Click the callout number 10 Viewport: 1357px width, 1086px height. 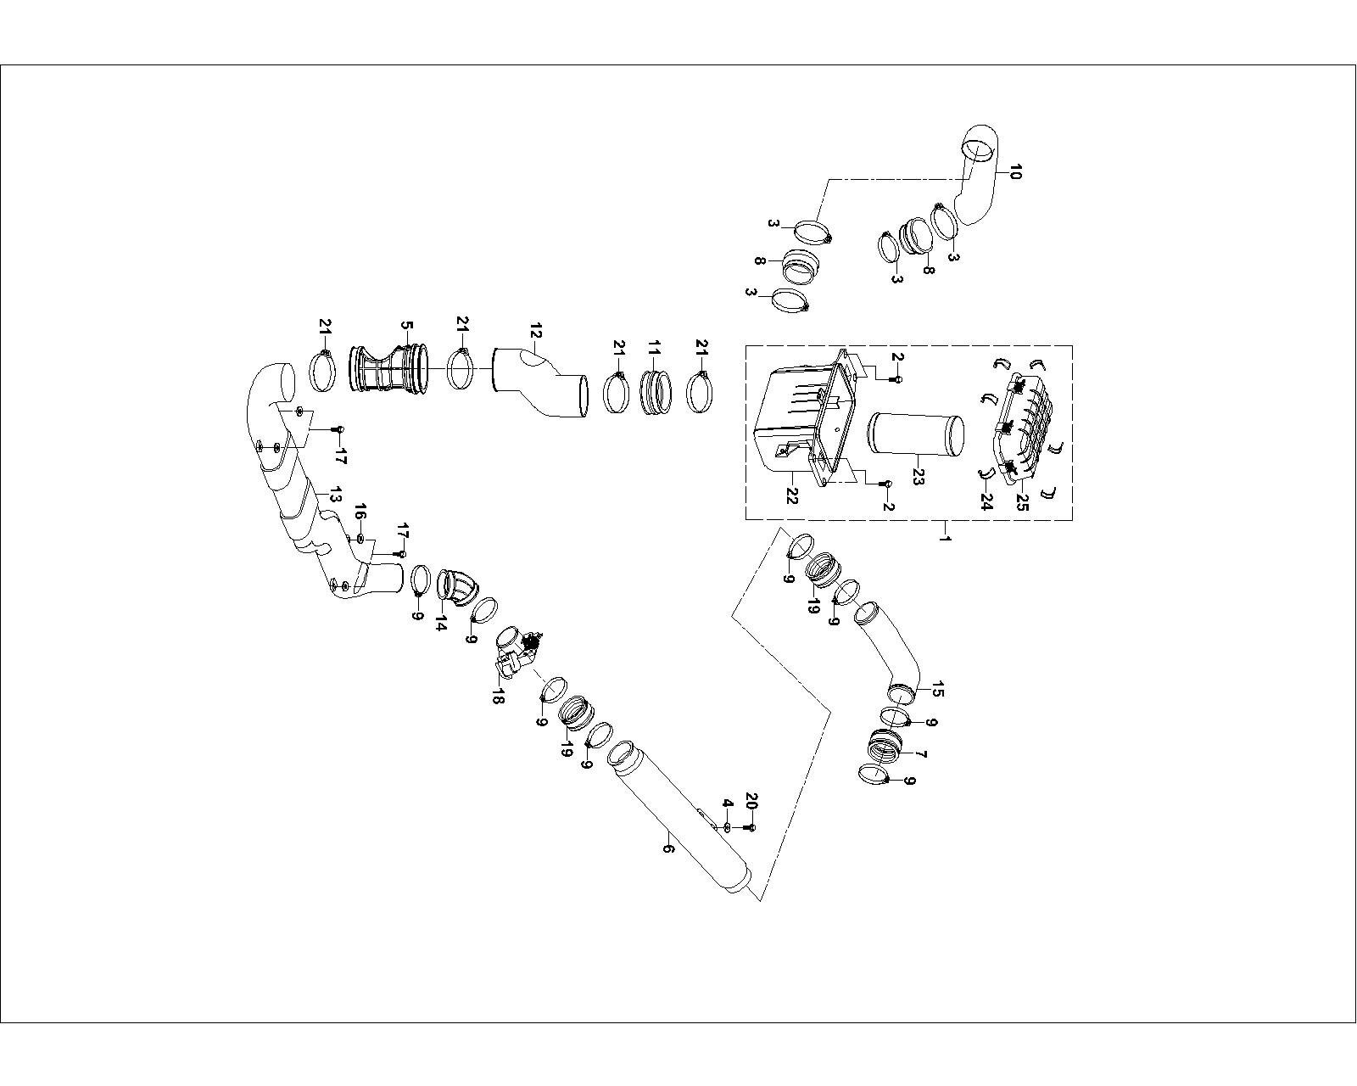click(1016, 172)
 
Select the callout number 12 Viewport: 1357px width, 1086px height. click(534, 329)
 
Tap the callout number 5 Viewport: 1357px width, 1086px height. click(406, 327)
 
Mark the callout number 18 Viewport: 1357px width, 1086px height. click(497, 697)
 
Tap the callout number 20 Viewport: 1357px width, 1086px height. click(751, 801)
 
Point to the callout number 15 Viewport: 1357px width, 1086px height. click(937, 689)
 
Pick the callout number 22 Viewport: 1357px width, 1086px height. click(792, 494)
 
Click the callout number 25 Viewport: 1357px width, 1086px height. click(1022, 502)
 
